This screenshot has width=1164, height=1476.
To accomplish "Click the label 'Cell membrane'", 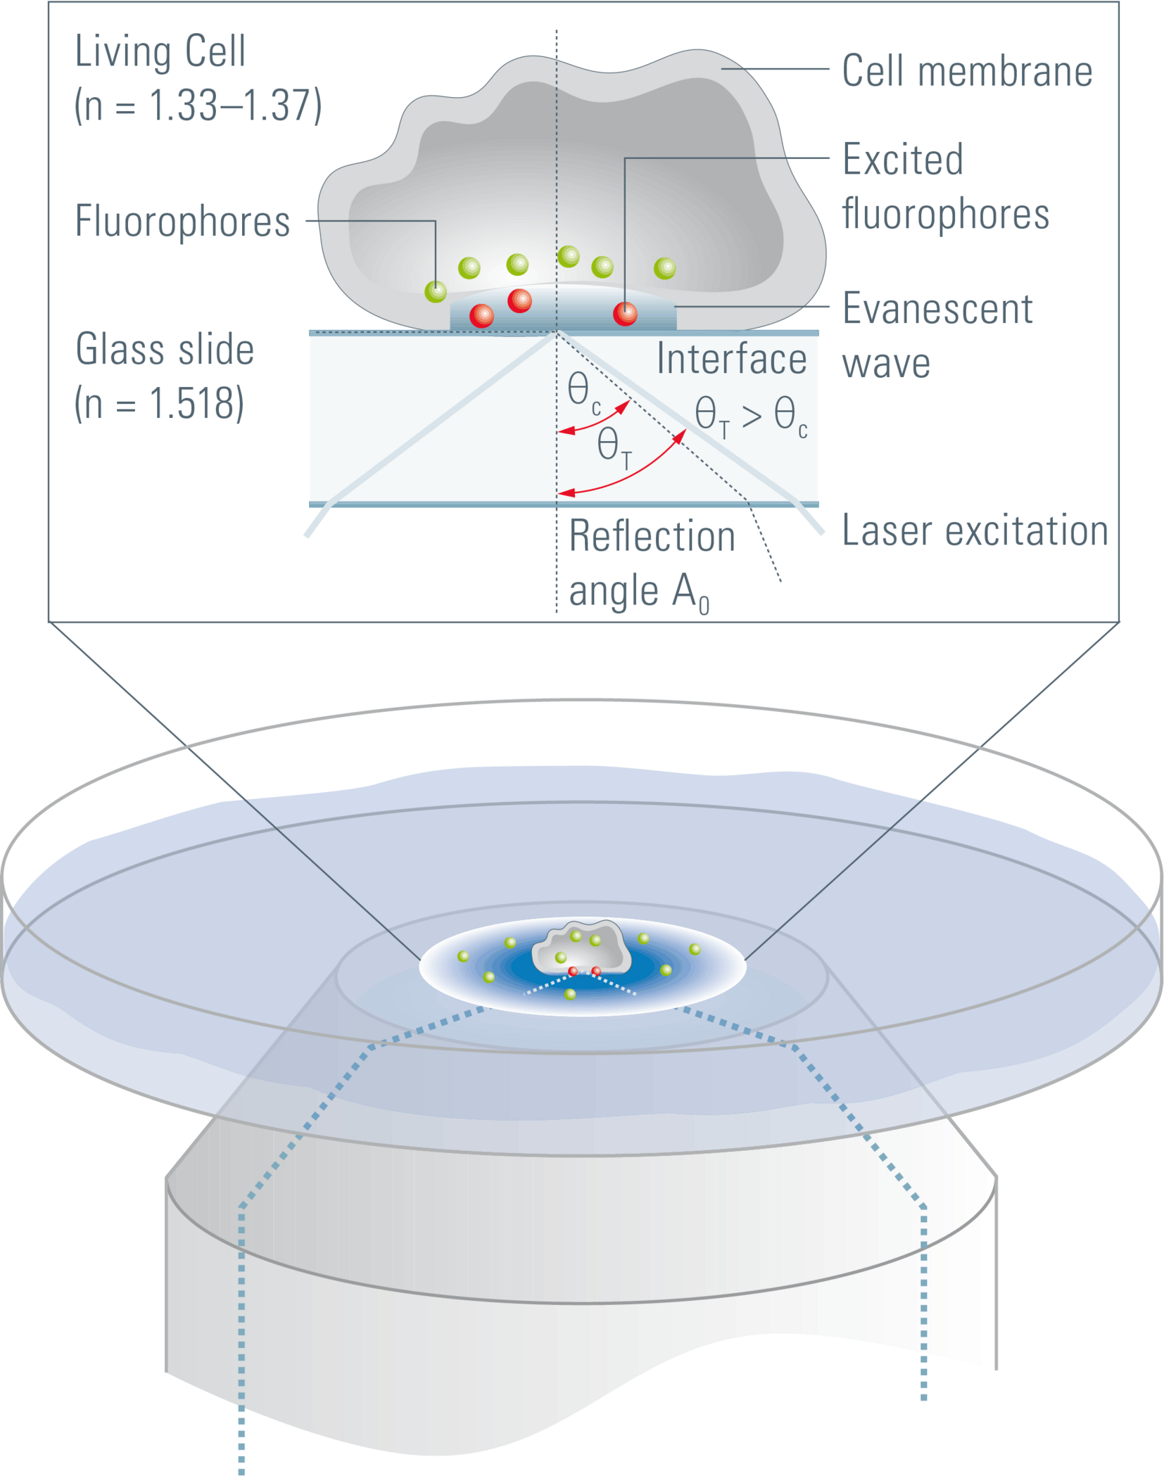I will (x=966, y=72).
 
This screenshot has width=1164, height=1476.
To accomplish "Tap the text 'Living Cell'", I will (x=160, y=52).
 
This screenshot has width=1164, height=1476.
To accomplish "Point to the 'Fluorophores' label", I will (x=182, y=222).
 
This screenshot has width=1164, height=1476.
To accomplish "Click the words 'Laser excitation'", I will (x=975, y=530).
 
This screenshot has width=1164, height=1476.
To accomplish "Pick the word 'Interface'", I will (x=731, y=360).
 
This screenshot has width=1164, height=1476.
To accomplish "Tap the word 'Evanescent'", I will (x=937, y=309).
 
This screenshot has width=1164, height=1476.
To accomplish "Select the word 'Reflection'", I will (x=652, y=537).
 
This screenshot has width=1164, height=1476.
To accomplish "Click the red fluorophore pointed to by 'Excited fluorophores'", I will (x=625, y=313).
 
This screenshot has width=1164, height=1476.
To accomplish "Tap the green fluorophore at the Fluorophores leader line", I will (x=436, y=291).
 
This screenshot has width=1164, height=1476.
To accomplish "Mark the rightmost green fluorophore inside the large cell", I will (x=664, y=268).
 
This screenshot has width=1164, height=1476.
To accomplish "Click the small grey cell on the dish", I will (x=581, y=947).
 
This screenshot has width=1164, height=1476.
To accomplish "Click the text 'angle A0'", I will (x=638, y=592).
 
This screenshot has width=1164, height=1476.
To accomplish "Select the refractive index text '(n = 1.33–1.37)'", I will (x=198, y=106).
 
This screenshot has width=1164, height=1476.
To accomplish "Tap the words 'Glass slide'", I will (x=165, y=350).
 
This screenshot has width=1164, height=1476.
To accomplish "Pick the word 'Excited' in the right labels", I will (x=902, y=160).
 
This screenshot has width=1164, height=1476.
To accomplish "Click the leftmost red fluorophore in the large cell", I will (x=481, y=315).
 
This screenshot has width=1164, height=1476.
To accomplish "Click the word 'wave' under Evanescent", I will (x=886, y=364).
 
